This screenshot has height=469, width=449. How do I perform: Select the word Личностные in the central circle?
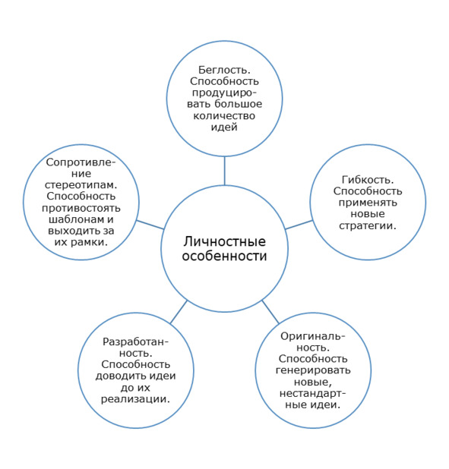[224, 241]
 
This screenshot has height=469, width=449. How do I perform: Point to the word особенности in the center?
[224, 257]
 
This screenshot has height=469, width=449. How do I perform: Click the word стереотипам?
[81, 185]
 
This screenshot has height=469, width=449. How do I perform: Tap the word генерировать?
[313, 370]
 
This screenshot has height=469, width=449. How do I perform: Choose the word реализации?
[135, 399]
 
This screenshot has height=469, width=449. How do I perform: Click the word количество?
[224, 116]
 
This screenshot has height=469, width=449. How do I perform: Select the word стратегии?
[368, 225]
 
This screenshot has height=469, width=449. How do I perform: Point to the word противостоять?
[81, 208]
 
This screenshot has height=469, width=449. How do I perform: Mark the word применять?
[368, 203]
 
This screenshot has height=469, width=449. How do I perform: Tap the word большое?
[239, 104]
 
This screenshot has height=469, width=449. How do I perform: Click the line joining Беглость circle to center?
[224, 171]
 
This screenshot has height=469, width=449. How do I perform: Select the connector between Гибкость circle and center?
[299, 225]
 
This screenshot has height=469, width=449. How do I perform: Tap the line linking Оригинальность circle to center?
[270, 312]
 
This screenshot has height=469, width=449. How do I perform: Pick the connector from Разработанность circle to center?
[179, 312]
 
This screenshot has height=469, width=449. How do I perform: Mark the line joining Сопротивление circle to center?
[150, 225]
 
